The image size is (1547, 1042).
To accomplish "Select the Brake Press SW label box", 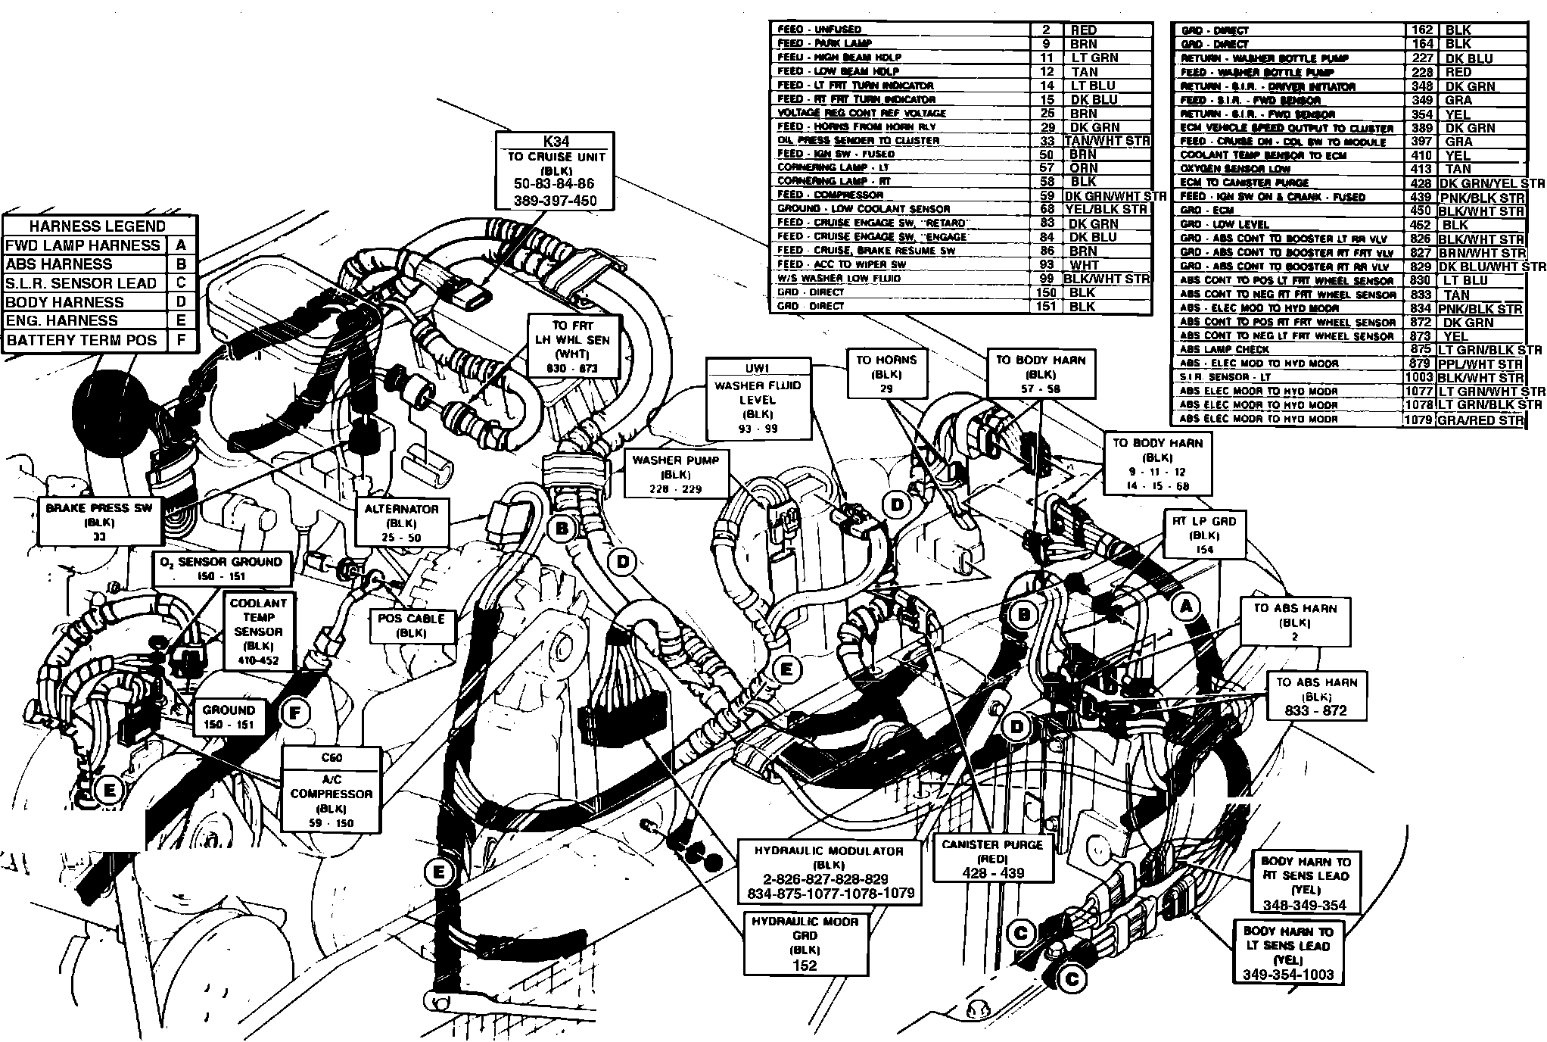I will click(x=100, y=522).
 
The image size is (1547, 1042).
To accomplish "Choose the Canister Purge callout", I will click(x=993, y=859).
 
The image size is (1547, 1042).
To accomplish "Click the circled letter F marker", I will click(x=295, y=712).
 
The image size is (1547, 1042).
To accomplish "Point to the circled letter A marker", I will click(x=1186, y=605).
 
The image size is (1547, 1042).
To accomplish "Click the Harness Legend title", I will click(x=98, y=226).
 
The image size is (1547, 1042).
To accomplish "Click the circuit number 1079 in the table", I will click(x=1418, y=419).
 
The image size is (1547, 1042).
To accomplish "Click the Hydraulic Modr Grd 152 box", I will click(x=805, y=943).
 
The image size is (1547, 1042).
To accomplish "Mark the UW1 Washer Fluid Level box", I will click(x=758, y=399).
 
